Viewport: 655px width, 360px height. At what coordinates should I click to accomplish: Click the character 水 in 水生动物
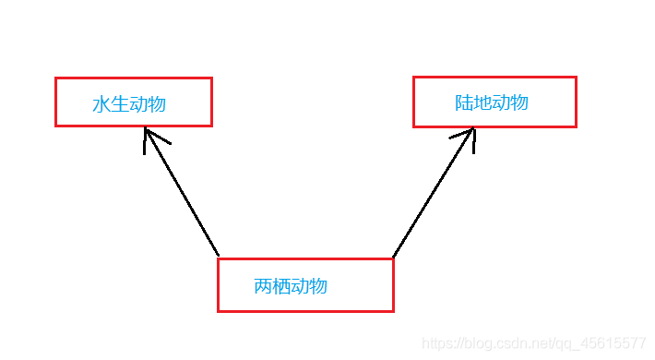coord(101,104)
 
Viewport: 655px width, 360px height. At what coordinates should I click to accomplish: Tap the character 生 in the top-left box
coord(120,104)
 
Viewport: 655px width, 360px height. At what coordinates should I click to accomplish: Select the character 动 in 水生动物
coord(138,104)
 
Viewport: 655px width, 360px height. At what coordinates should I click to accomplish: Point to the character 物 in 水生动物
coord(157,104)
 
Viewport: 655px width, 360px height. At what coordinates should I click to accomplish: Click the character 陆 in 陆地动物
coord(464,102)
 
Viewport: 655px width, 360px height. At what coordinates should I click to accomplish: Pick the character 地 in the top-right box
coord(482,102)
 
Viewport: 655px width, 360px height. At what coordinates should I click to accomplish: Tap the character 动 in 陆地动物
coord(501,102)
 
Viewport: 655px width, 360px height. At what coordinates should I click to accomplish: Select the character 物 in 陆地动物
coord(519,102)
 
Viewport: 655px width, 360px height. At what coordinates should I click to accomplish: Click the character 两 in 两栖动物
coord(263,286)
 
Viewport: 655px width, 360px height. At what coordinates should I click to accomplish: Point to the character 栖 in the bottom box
coord(281,286)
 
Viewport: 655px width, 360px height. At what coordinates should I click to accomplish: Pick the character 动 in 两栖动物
coord(300,286)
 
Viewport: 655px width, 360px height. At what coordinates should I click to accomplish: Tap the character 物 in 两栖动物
coord(318,286)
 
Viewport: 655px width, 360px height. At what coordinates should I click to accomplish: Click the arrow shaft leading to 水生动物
coord(182,191)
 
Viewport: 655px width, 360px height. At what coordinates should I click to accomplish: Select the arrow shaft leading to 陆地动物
coord(434,193)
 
